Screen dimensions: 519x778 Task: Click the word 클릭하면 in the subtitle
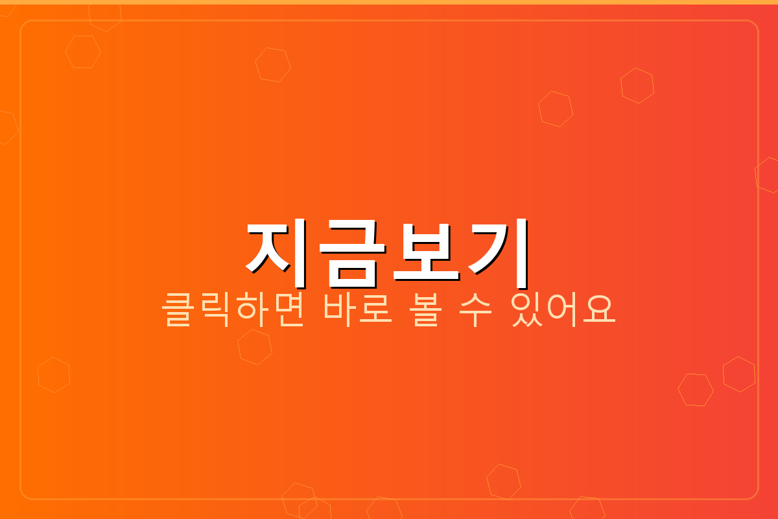pyautogui.click(x=233, y=311)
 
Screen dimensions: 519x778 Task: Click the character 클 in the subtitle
pyautogui.click(x=179, y=311)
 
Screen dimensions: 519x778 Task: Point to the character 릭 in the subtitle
pyautogui.click(x=215, y=311)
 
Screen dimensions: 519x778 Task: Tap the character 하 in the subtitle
pyautogui.click(x=251, y=311)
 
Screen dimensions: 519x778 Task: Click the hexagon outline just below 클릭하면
pyautogui.click(x=255, y=346)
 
